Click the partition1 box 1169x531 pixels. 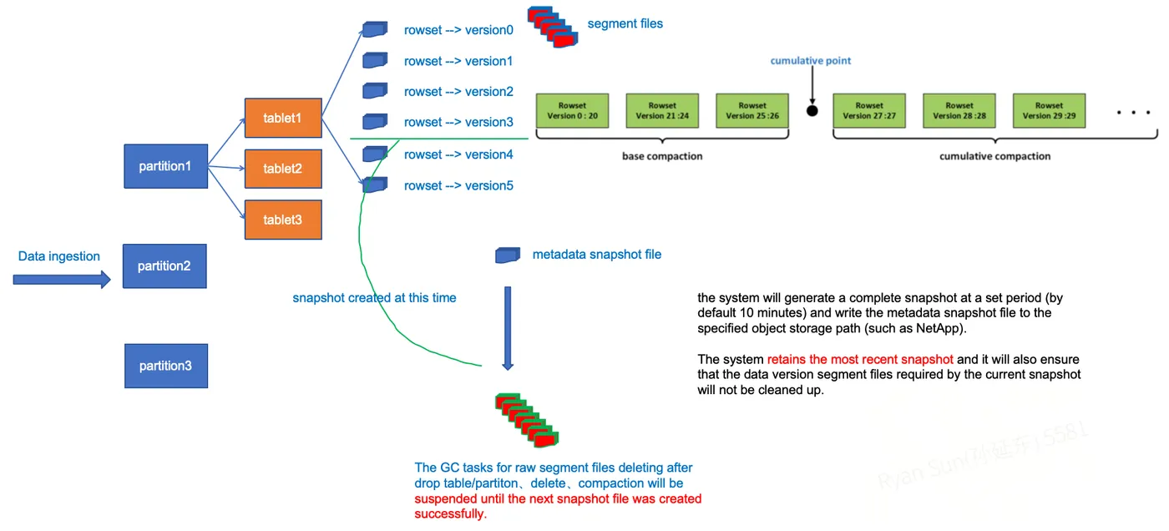tap(165, 166)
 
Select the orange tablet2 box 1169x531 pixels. tap(282, 169)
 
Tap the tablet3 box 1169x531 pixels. tap(282, 220)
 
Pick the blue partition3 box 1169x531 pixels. tap(165, 366)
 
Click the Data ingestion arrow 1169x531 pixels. tap(62, 280)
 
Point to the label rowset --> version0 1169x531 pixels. tap(458, 30)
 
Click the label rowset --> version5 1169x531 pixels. tap(458, 185)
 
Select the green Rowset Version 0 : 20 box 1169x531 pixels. tap(572, 110)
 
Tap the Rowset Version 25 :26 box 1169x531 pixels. tap(751, 110)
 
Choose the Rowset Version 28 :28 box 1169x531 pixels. tap(959, 110)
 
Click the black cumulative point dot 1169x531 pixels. tap(812, 110)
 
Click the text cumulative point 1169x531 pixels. tap(810, 61)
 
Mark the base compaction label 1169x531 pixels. tap(662, 156)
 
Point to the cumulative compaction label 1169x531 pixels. tap(994, 156)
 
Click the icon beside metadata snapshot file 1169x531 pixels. tap(508, 255)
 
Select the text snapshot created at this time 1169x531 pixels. tap(374, 298)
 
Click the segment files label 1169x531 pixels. tap(625, 23)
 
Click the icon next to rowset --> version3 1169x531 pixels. tap(375, 122)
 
